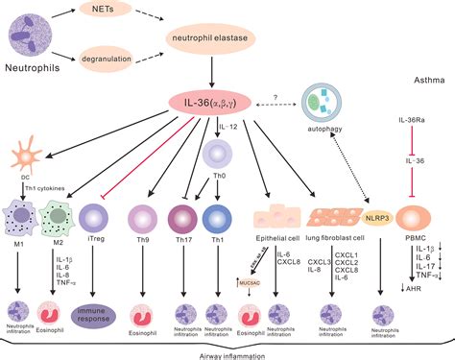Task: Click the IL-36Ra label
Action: [x=413, y=120]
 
